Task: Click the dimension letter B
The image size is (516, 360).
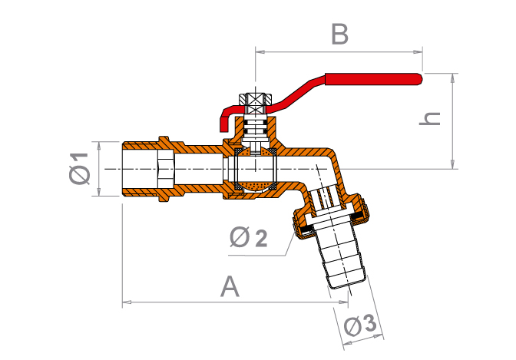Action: (x=339, y=35)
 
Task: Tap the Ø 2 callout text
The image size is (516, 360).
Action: (x=248, y=239)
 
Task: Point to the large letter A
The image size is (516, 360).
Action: (x=230, y=287)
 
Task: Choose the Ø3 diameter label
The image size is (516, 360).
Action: (x=360, y=326)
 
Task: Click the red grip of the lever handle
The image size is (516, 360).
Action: (x=374, y=78)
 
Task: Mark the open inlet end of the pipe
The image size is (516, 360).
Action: (x=124, y=169)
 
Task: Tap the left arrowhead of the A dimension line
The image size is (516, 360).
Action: (x=125, y=304)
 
